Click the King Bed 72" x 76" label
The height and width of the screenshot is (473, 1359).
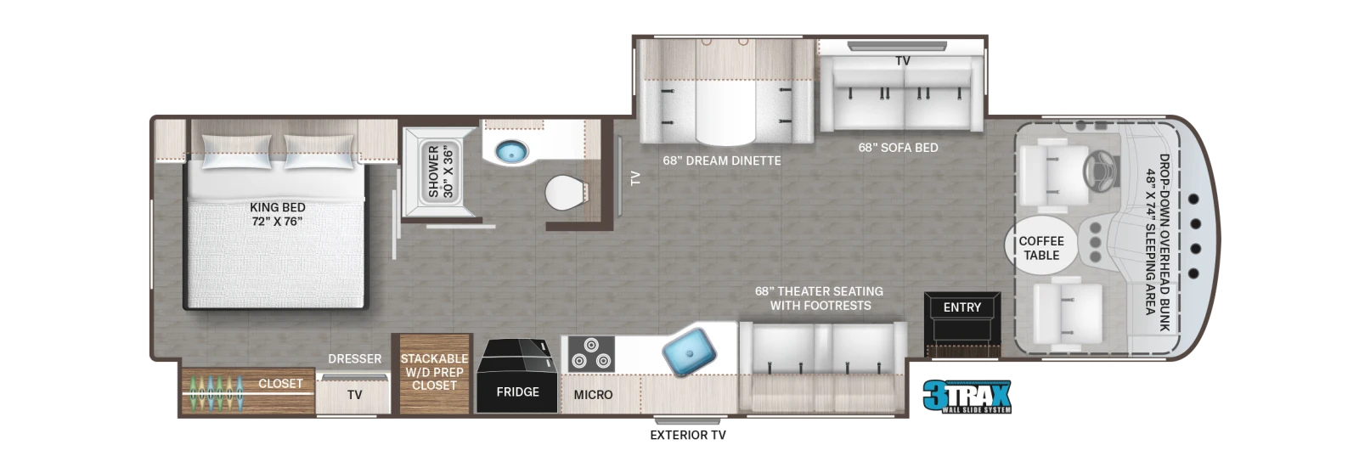point(277,215)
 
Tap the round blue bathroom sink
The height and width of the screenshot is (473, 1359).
point(511,152)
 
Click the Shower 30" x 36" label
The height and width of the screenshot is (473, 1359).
point(441,171)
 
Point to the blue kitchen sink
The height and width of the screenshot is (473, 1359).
point(689,351)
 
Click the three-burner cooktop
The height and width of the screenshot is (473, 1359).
point(591,353)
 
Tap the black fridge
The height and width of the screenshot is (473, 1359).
point(517,375)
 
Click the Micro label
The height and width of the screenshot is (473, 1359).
point(593,395)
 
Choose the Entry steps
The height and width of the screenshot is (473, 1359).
point(962,324)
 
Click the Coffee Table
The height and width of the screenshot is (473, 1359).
point(1041,248)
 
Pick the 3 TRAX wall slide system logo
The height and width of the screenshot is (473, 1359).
point(967,397)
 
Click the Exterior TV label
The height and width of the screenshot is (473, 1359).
point(687,435)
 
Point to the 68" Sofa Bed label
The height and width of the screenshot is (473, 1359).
point(898,148)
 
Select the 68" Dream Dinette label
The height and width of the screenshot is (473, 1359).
point(721,160)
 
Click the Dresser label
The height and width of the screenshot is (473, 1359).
point(355,359)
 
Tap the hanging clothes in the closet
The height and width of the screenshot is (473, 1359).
point(216,392)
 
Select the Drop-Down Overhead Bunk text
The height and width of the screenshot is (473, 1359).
point(1164,242)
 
